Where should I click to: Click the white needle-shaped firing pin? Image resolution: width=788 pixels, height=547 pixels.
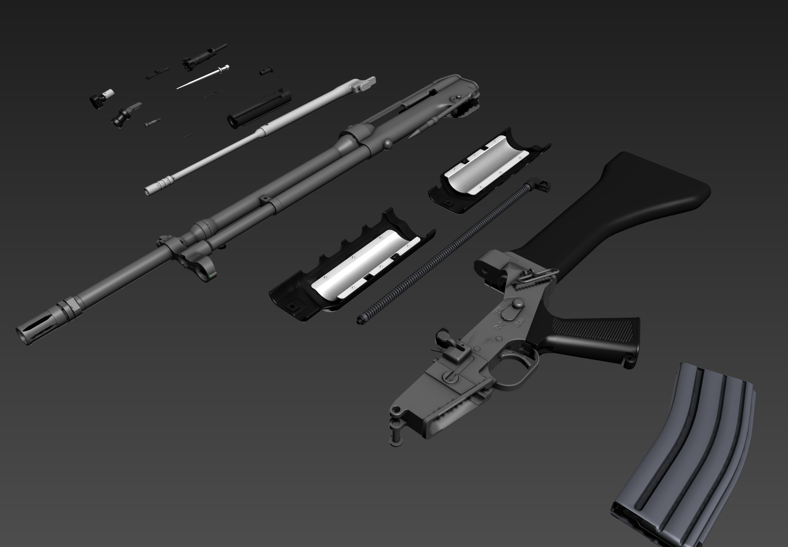tap(202, 77)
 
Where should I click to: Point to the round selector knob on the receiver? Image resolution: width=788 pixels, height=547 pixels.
tap(517, 304)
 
